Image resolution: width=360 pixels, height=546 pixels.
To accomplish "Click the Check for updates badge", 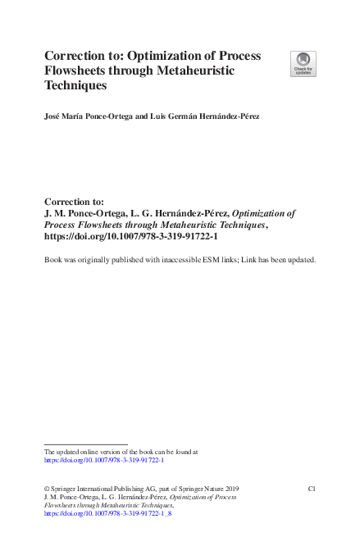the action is (x=303, y=64).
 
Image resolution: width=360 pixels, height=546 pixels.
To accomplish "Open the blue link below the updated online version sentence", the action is (x=104, y=460).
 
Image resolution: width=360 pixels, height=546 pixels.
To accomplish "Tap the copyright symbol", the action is (x=46, y=488).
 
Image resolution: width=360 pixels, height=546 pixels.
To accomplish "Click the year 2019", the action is (x=227, y=488).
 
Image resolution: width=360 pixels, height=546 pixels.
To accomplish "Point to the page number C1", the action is (x=312, y=488).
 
